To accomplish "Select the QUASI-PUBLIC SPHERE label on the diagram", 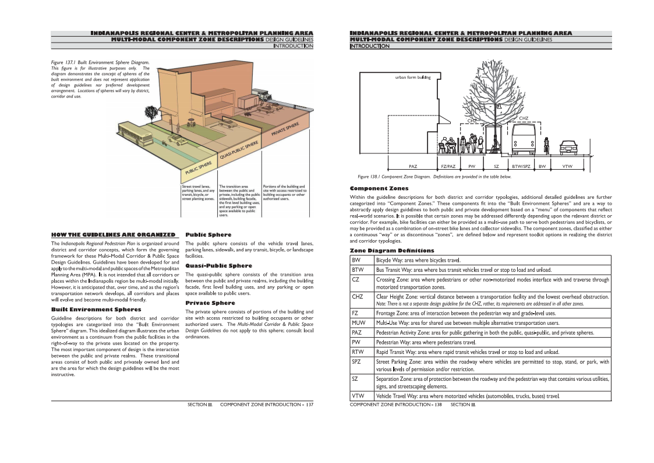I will tap(239, 150).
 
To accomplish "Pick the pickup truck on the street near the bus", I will tap(175, 139).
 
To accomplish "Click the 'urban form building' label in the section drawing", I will tap(412, 78).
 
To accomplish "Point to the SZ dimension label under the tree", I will tap(496, 167).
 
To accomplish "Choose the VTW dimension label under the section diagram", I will tap(567, 167).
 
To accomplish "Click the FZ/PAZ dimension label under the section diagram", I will tap(448, 167).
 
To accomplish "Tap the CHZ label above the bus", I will tap(524, 118).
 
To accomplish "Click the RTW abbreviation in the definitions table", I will tap(358, 352).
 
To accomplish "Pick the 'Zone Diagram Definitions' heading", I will tap(384, 250).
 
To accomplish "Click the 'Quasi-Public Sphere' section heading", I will tap(218, 265).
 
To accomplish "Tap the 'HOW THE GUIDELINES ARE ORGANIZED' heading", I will tap(113, 234).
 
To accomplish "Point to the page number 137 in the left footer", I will tap(310, 404).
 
